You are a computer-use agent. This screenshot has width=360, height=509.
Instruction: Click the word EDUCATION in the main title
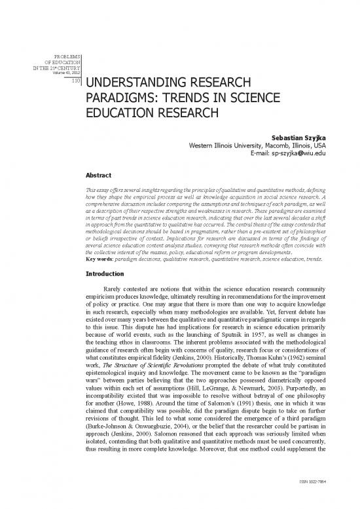click(x=121, y=117)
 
